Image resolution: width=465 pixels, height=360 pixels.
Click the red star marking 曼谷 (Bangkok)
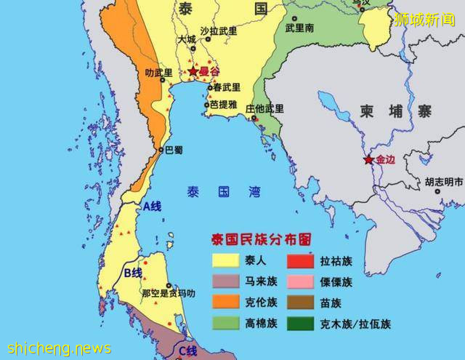193,71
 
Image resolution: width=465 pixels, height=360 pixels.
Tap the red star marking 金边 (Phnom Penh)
369,160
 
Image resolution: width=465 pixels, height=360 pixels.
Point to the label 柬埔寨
395,111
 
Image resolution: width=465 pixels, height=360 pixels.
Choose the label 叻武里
159,73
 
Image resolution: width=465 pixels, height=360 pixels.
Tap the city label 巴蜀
174,150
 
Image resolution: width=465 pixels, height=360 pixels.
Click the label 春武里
226,87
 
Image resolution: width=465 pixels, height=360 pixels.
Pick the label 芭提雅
224,104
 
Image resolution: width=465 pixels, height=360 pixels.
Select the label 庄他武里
264,109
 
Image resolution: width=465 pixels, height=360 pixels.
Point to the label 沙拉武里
219,31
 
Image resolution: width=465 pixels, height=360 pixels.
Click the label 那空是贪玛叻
168,293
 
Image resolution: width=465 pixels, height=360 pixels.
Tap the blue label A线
151,207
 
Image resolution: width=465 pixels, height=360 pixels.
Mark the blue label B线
132,273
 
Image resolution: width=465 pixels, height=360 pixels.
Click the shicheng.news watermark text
57,348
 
